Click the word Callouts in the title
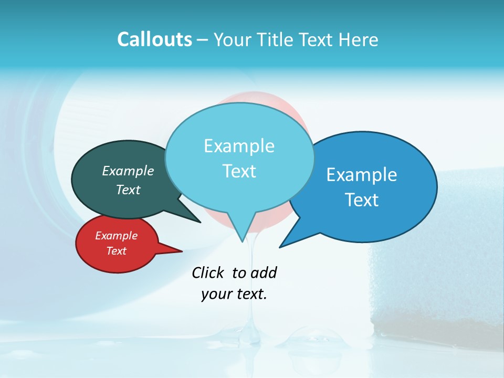154,39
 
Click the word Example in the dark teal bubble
128,171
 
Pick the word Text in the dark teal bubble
128,190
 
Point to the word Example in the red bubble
116,236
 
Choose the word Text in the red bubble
116,251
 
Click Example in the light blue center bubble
239,146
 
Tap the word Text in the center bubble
239,171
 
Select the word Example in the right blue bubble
362,175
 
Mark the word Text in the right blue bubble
362,200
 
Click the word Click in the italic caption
208,272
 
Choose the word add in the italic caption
263,272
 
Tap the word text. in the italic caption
250,294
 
